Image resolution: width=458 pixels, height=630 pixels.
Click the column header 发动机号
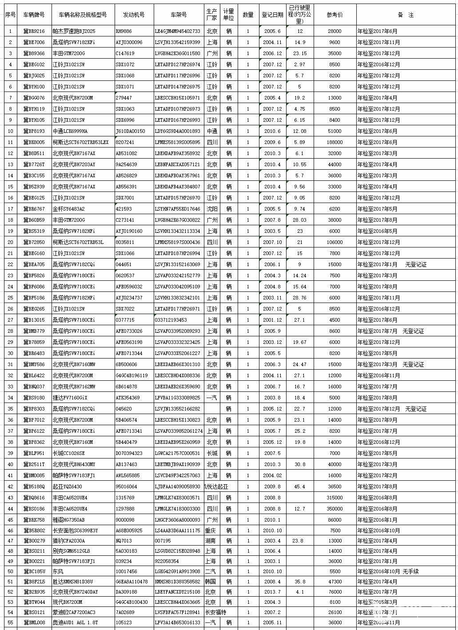point(134,15)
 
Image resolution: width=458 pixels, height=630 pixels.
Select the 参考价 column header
point(335,15)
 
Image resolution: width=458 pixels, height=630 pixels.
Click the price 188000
point(335,142)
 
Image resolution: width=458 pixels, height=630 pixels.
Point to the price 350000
point(335,509)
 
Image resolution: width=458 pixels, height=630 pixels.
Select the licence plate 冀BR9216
point(34,31)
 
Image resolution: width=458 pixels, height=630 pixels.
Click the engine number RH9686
point(123,31)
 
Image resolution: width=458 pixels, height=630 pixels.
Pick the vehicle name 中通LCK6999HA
point(70,131)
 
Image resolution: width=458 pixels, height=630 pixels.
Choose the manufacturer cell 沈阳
point(212,209)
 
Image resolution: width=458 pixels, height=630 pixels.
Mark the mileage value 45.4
point(299,486)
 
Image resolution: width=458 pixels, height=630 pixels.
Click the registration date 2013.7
point(272,592)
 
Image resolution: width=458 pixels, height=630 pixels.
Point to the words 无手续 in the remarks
point(410,571)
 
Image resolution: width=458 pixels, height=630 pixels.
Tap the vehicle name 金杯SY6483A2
point(68,209)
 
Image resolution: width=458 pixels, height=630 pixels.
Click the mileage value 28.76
point(299,298)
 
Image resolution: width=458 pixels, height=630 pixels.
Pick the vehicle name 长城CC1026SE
point(68,453)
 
